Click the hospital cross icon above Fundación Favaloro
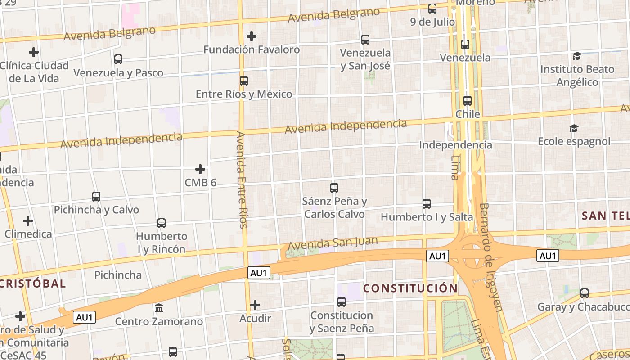click(252, 36)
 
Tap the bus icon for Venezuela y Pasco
click(118, 59)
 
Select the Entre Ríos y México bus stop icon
click(244, 81)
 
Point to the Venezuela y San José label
click(365, 59)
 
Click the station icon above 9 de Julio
click(432, 9)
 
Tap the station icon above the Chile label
click(468, 101)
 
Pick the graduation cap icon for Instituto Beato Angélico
click(577, 56)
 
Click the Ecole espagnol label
click(574, 142)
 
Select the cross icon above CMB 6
click(200, 169)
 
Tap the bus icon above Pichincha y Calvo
click(96, 197)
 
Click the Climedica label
click(28, 234)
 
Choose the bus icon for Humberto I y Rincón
click(162, 223)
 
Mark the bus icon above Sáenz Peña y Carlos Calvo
click(334, 188)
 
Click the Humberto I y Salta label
click(427, 217)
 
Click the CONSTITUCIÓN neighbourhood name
click(410, 288)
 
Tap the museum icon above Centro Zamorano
click(159, 308)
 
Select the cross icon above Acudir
click(255, 305)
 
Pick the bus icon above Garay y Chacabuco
click(585, 293)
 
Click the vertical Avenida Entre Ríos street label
click(242, 180)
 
